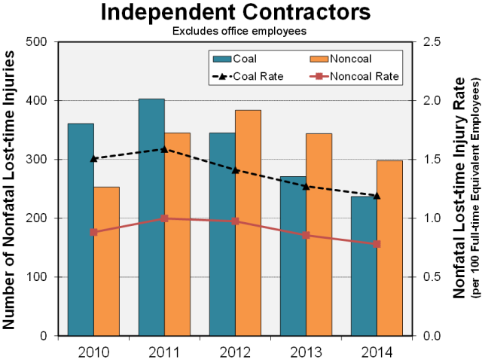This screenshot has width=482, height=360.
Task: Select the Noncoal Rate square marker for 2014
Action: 377,244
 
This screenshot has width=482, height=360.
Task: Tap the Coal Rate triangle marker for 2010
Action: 93,158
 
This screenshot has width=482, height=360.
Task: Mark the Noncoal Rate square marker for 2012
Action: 236,221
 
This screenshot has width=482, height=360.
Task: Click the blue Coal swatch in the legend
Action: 221,58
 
